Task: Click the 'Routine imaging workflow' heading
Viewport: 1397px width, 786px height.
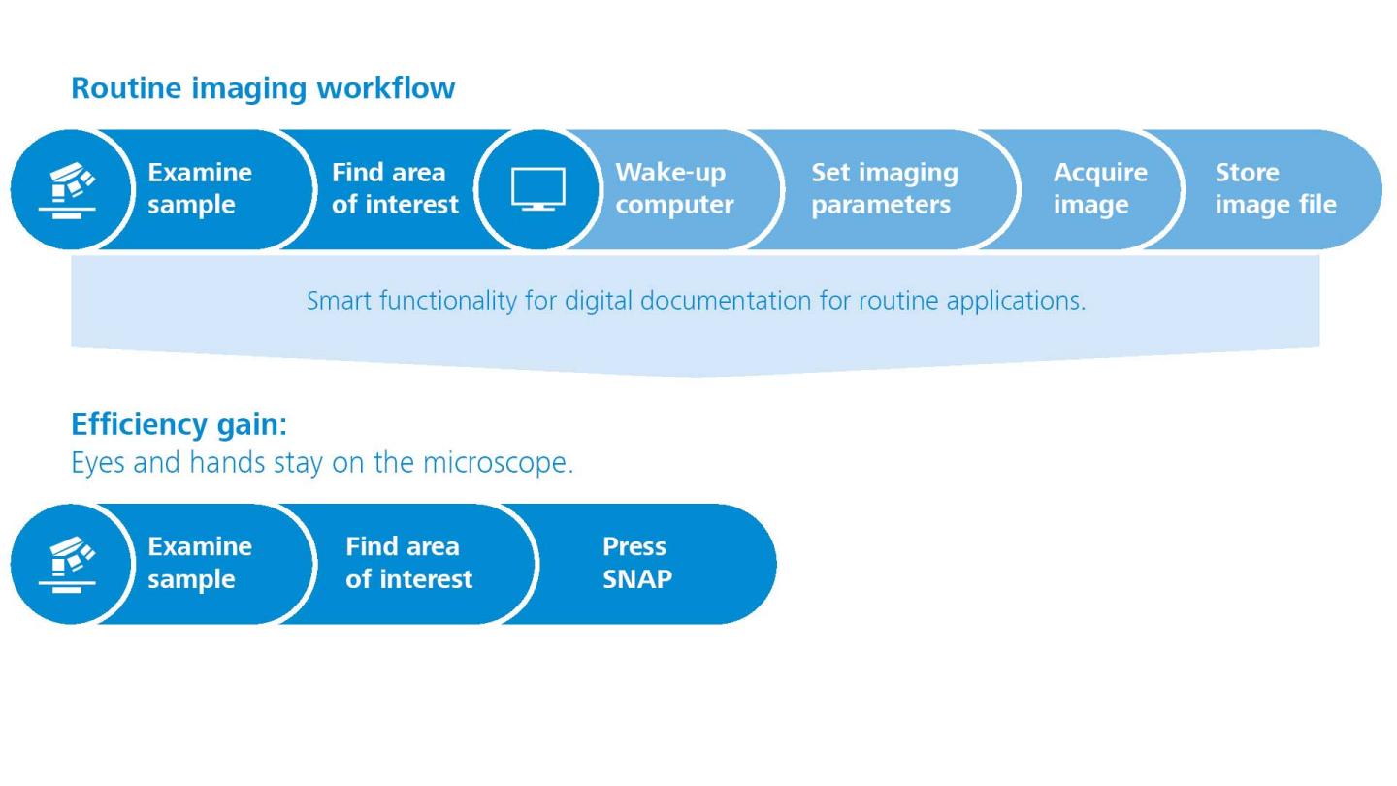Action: coord(263,87)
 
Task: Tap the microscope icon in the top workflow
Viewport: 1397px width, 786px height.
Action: coord(70,189)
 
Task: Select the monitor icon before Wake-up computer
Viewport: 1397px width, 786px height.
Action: coord(537,189)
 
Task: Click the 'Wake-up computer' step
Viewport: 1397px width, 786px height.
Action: coord(673,188)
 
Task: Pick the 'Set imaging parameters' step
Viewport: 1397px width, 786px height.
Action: coord(884,188)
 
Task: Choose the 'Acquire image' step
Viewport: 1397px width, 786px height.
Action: coord(1099,188)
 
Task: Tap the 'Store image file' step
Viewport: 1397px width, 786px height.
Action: coord(1275,188)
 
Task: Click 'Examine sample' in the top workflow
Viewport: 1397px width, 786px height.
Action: coord(199,188)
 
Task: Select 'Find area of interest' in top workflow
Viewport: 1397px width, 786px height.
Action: coord(394,188)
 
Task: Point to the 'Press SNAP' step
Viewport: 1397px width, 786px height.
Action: coord(636,563)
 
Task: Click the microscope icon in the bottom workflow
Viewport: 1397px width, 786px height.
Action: coord(70,564)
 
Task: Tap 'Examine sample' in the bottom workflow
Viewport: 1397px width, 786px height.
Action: coord(199,563)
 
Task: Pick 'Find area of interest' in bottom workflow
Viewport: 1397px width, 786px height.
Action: coord(408,563)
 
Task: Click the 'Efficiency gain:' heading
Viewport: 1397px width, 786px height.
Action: coord(179,424)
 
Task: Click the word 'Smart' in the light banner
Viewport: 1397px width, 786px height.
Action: coord(340,301)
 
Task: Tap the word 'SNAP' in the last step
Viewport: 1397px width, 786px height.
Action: coord(636,579)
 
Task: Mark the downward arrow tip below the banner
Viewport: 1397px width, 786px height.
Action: coord(696,376)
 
